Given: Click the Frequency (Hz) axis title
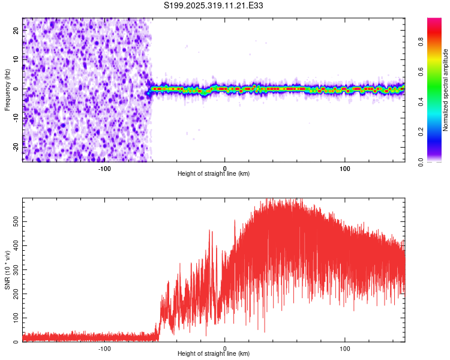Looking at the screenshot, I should [7, 90].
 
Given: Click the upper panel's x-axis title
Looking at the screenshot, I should [214, 173].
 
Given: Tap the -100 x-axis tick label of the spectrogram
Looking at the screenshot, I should [104, 167].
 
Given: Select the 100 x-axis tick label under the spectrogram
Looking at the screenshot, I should [345, 167].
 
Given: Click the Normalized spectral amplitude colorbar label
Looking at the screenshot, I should [446, 90].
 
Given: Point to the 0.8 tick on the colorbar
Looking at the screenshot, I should [421, 43].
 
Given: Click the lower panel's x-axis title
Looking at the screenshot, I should [214, 353].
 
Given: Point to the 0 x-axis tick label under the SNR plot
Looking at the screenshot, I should [225, 347].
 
